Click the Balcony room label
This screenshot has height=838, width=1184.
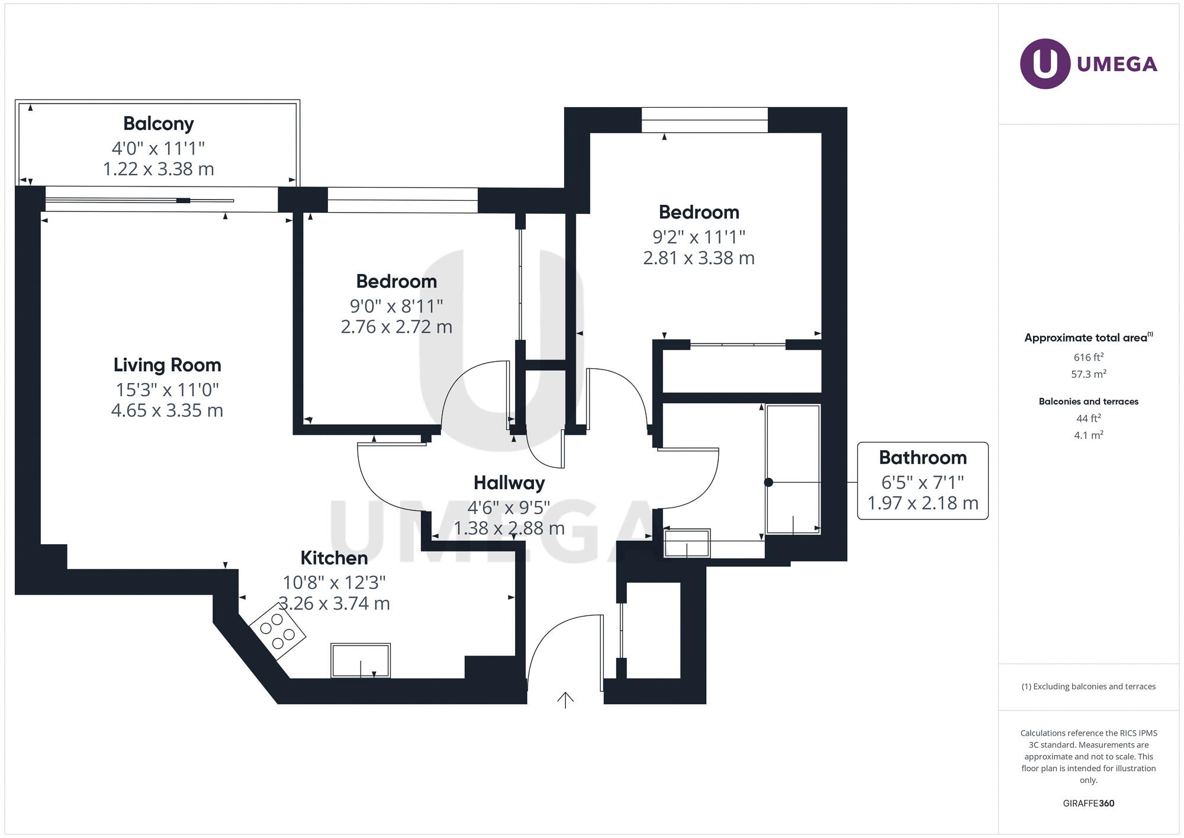tap(158, 124)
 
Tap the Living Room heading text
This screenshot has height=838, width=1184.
tap(167, 365)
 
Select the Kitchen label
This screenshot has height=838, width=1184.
tap(334, 558)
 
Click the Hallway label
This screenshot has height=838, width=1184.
tap(509, 483)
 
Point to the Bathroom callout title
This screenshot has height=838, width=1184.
tap(922, 458)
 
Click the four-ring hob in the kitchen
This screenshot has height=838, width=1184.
tap(277, 631)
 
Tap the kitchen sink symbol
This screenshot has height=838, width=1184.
tap(361, 660)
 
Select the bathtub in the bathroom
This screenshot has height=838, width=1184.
tap(793, 469)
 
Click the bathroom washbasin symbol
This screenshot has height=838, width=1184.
tap(687, 544)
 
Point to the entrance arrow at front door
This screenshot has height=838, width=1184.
tap(565, 700)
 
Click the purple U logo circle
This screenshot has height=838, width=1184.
tap(1045, 64)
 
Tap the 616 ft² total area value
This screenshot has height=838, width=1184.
tap(1088, 357)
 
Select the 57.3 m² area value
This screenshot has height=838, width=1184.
tap(1088, 374)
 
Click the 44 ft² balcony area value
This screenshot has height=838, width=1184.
tap(1088, 418)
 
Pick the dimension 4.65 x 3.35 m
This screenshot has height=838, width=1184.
tap(167, 410)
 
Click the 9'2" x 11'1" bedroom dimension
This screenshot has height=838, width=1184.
tap(699, 237)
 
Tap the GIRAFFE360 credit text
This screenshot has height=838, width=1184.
tap(1088, 804)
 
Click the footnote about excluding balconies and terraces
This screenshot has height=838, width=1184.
tap(1088, 687)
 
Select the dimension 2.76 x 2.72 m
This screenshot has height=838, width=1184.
tap(396, 327)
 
